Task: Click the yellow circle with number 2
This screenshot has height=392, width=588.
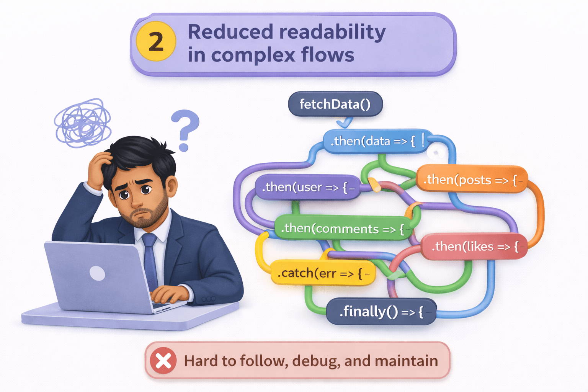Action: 156,42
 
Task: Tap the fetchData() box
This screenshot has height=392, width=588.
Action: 335,104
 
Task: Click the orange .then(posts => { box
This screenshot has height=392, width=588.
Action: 471,180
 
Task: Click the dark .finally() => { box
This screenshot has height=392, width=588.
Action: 381,312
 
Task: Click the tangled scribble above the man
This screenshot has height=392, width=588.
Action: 83,123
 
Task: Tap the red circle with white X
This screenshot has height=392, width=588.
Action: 163,361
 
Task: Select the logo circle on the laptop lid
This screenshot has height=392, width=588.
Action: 97,273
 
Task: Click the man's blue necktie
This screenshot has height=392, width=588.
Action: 150,260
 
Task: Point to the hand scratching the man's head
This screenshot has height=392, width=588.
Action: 98,168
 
